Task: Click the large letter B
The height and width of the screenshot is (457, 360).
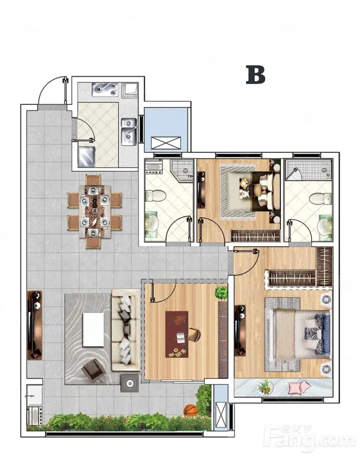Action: pyautogui.click(x=255, y=75)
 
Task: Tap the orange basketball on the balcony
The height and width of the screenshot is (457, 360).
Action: pyautogui.click(x=190, y=410)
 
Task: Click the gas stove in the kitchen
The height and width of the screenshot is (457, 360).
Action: pyautogui.click(x=105, y=89)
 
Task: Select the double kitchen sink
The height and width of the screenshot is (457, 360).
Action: pyautogui.click(x=129, y=132)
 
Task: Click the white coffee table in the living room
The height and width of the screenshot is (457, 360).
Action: pyautogui.click(x=93, y=330)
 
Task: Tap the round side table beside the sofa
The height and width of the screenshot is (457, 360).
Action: pyautogui.click(x=129, y=383)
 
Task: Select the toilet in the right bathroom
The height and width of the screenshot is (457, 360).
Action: pyautogui.click(x=321, y=199)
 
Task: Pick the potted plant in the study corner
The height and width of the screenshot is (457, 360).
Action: pyautogui.click(x=221, y=292)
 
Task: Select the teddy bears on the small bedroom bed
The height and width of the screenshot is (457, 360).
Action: pyautogui.click(x=243, y=187)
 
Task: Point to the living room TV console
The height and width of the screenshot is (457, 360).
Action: pyautogui.click(x=35, y=325)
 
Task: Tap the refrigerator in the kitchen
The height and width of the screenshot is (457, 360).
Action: pyautogui.click(x=87, y=156)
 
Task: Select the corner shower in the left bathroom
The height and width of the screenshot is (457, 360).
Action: pyautogui.click(x=182, y=171)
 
